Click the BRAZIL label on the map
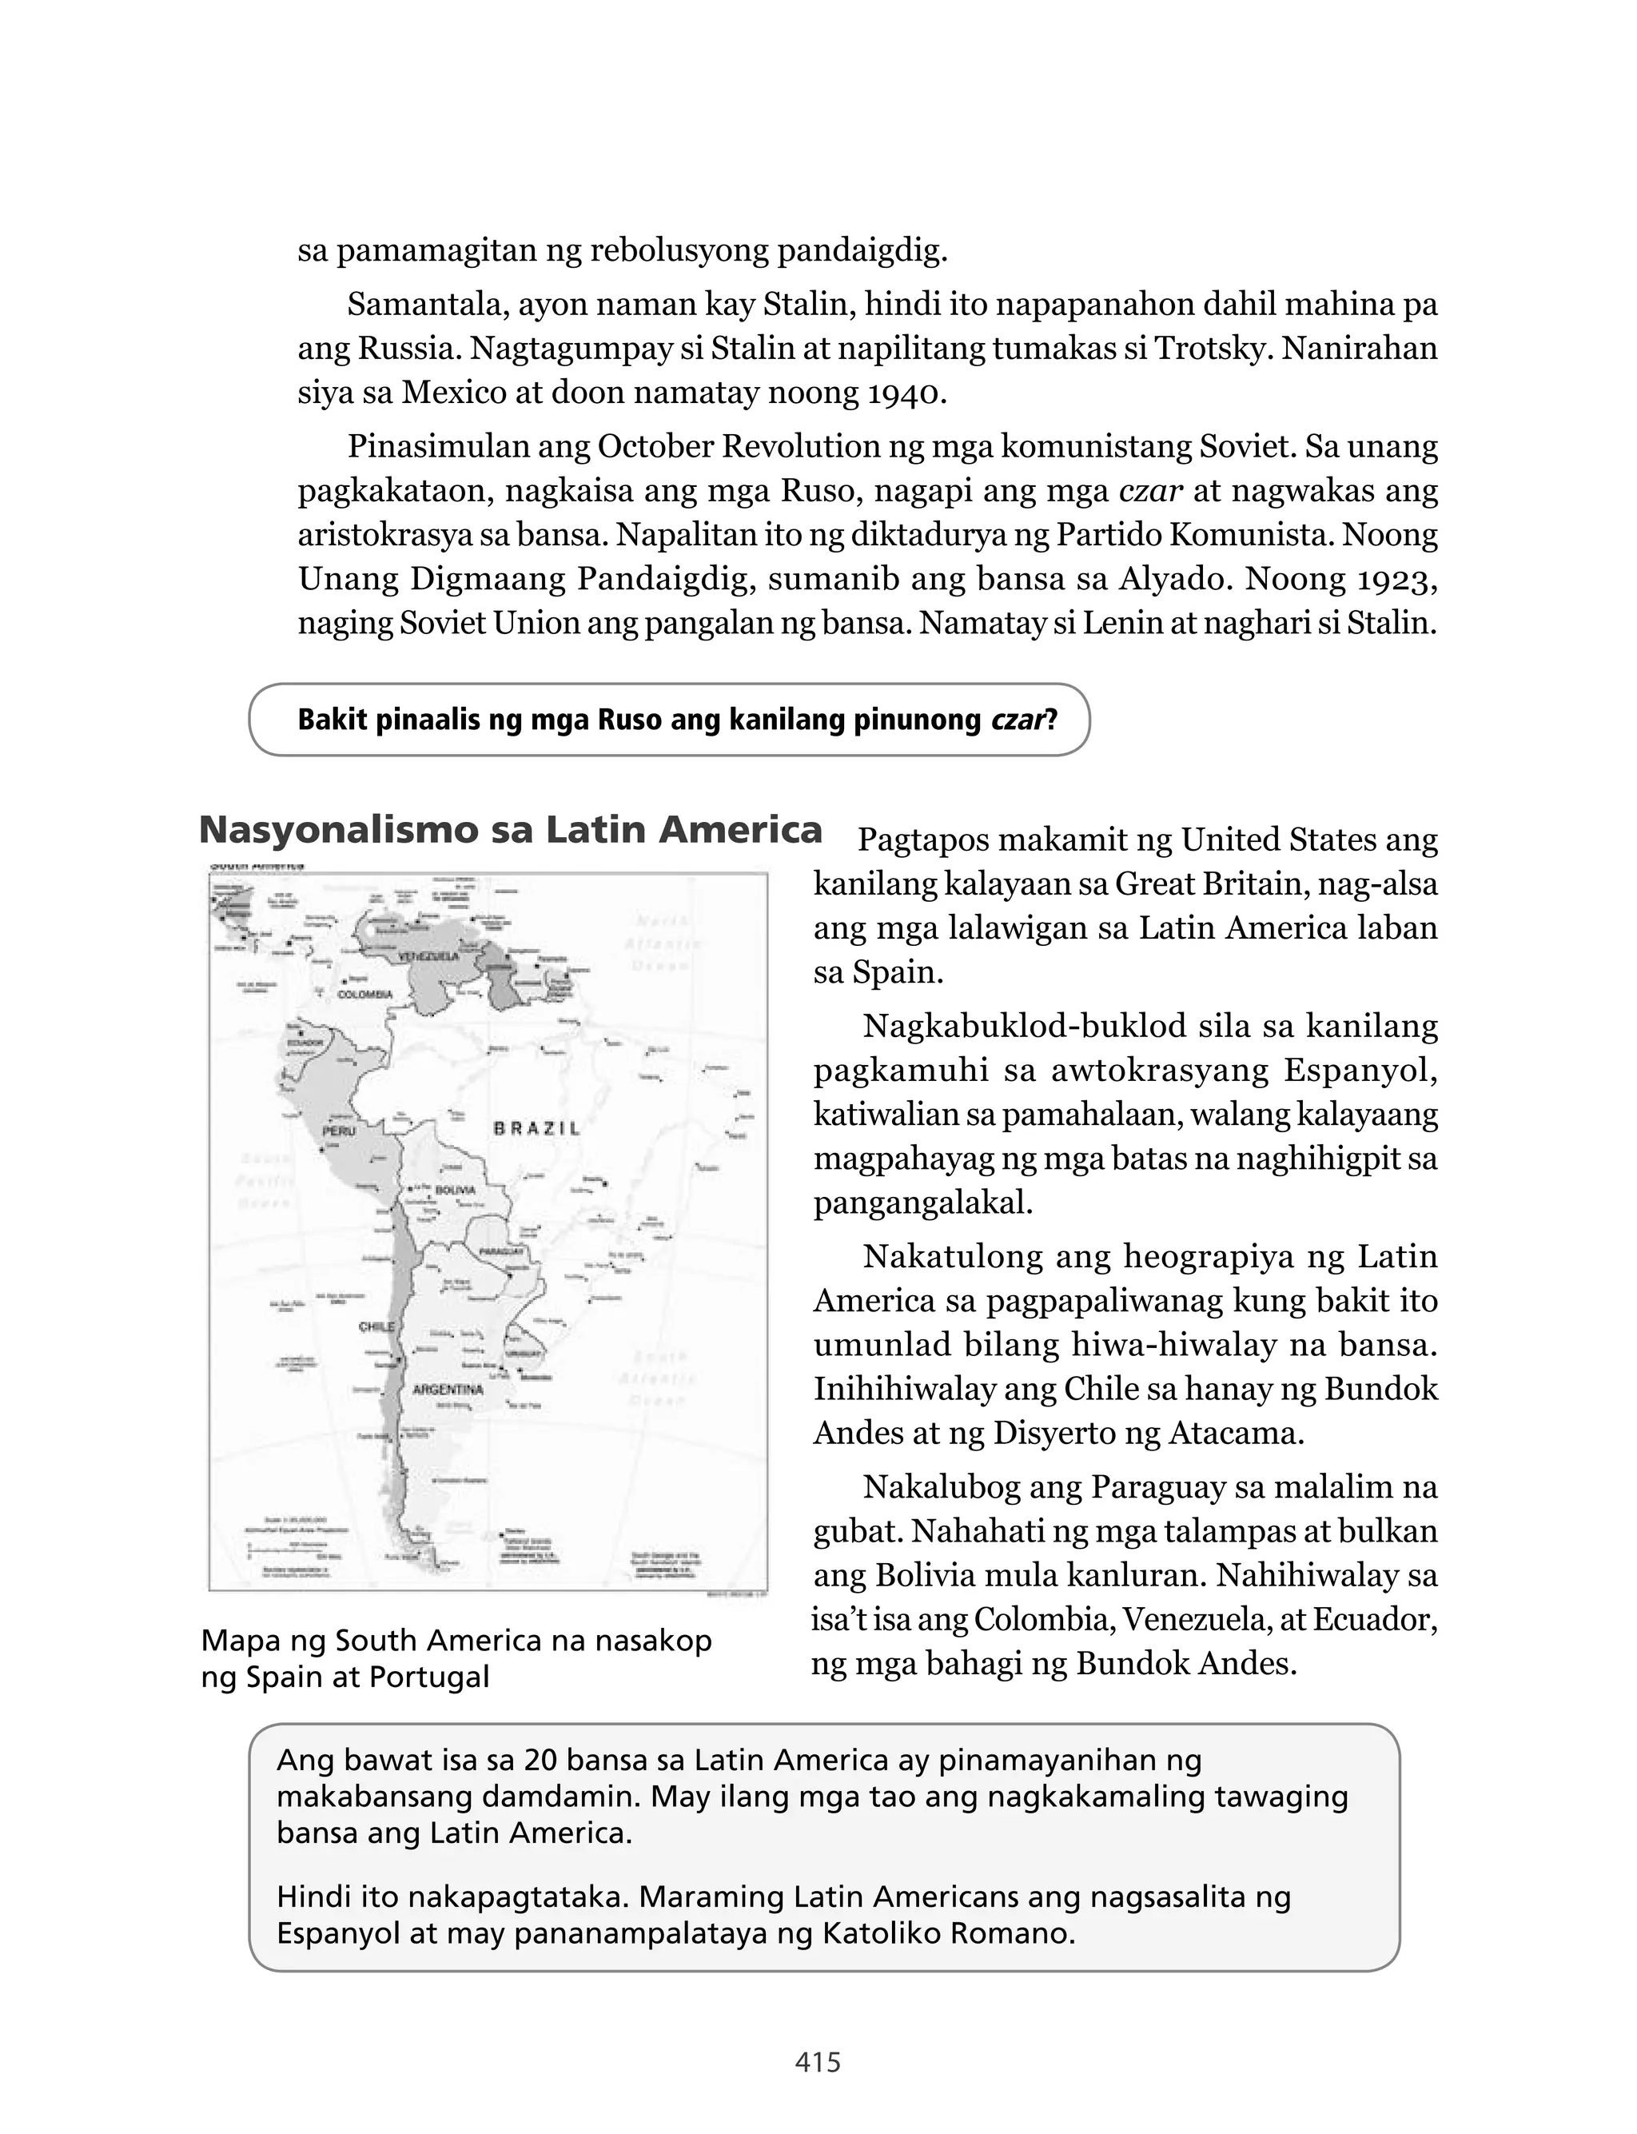[x=537, y=1128]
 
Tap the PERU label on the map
[x=338, y=1132]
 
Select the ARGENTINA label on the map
[x=448, y=1390]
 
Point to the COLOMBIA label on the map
[x=364, y=994]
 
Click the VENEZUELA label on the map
[x=428, y=957]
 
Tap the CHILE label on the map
[x=376, y=1326]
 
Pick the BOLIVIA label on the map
[x=454, y=1190]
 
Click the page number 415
[x=818, y=2063]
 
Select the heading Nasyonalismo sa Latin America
[x=511, y=830]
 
